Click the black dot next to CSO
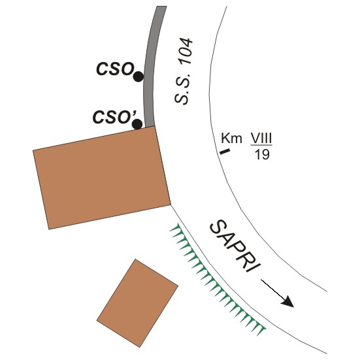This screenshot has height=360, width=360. [x=139, y=76]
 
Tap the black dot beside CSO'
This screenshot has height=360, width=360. [x=137, y=124]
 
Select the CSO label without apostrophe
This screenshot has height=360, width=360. [x=115, y=69]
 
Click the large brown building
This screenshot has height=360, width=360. [x=102, y=178]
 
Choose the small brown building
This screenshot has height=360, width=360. [x=137, y=303]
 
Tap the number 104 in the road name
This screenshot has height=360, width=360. [x=186, y=51]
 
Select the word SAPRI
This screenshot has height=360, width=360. [x=236, y=246]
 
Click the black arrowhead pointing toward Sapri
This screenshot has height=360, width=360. [x=287, y=302]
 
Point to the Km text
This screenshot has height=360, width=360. [x=231, y=139]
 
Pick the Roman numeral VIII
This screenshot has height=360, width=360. [x=261, y=138]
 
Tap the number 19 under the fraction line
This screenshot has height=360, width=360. [x=262, y=154]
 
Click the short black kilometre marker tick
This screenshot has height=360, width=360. [x=225, y=152]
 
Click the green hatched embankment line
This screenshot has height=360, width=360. [x=217, y=280]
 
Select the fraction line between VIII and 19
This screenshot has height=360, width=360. [x=261, y=145]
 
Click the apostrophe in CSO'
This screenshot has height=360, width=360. [x=135, y=113]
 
